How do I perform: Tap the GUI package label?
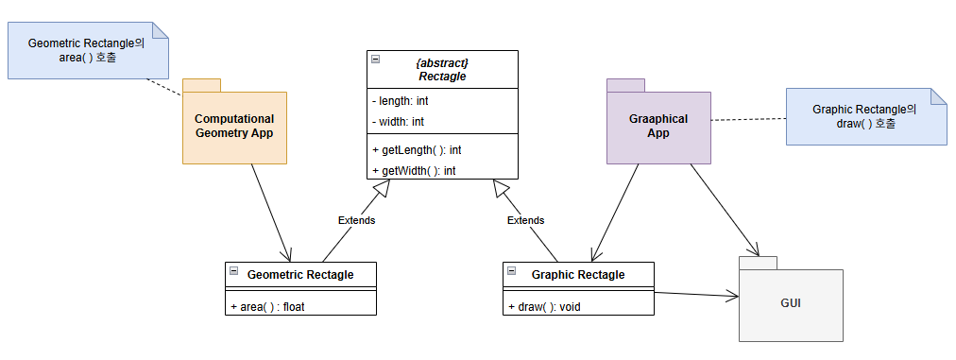point(791,302)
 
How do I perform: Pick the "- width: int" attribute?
point(398,122)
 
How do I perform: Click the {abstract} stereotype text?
point(443,63)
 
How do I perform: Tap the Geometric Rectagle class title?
point(300,275)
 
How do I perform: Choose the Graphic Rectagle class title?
point(578,275)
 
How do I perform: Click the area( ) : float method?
point(267,307)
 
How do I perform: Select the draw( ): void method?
point(544,307)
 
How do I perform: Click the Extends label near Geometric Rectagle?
point(357,220)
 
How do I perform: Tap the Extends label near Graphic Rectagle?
point(525,220)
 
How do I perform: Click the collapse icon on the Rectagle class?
point(376,60)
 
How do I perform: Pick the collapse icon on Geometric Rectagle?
point(233,271)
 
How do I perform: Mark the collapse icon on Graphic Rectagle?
point(511,271)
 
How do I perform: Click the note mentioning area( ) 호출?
point(88,51)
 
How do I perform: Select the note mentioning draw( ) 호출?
point(866,116)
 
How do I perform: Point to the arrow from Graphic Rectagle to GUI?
point(696,296)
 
